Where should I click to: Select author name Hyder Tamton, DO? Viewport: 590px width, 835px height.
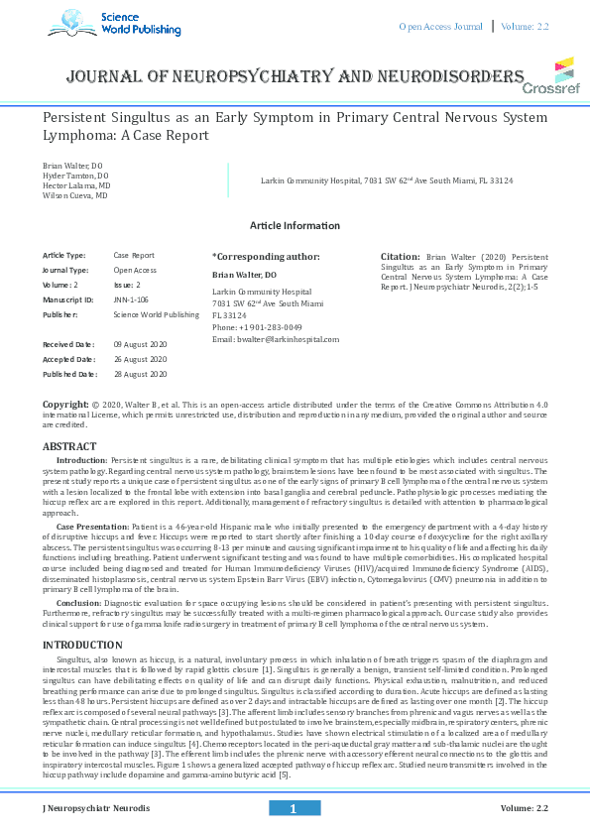75,175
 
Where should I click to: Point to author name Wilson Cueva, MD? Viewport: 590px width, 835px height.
75,196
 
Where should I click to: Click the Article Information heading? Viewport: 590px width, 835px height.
295,226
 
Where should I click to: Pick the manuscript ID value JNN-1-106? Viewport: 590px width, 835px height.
132,299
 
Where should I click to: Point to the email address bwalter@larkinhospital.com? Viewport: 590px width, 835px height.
276,339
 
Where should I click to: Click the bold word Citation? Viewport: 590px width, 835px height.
401,257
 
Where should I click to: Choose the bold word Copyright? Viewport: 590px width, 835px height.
64,406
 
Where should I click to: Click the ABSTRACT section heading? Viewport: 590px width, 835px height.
69,447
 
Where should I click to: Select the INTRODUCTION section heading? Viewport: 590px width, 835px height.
82,646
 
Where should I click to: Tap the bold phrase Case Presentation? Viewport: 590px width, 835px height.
95,525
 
